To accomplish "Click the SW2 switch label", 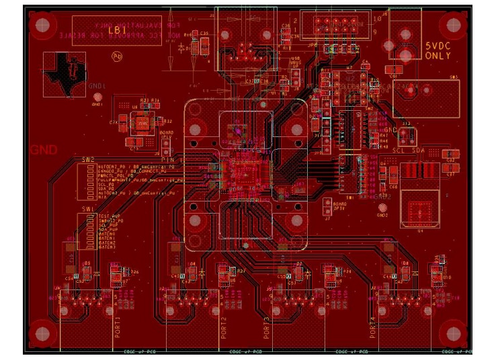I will [x=88, y=160].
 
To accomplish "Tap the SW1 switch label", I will [x=88, y=210].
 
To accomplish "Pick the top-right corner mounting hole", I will [x=452, y=26].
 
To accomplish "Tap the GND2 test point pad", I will [x=382, y=208].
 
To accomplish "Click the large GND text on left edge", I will [x=44, y=150].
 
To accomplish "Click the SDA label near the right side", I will [x=419, y=152].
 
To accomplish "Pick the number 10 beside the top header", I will [x=377, y=19].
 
